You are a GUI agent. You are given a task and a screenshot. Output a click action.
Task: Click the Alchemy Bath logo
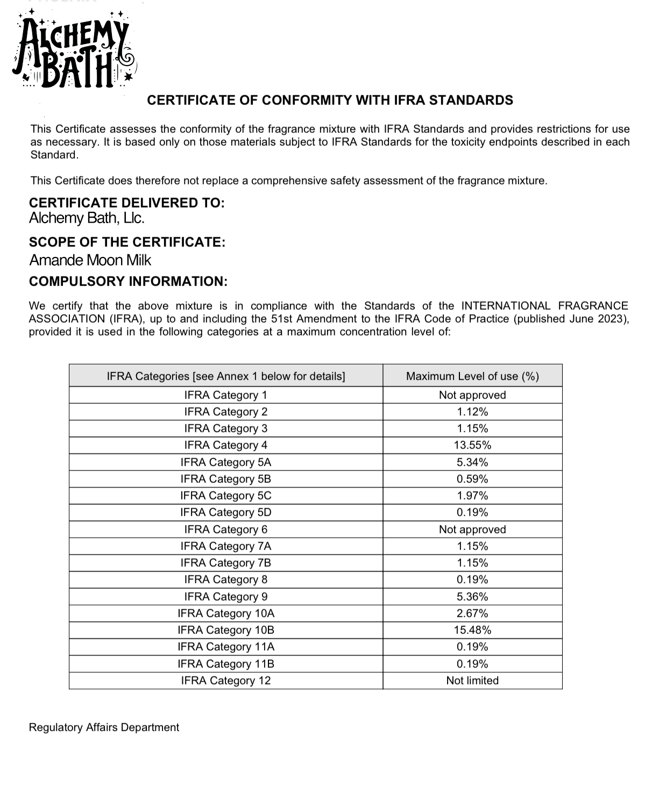pos(74,51)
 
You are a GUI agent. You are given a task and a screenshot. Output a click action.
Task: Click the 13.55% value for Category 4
pos(472,445)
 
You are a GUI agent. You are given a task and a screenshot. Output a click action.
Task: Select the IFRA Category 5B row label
pos(225,479)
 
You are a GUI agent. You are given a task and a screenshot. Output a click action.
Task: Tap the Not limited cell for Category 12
pos(472,681)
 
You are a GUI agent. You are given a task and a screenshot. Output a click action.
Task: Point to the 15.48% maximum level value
pos(472,630)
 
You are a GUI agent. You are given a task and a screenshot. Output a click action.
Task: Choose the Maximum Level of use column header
pos(472,376)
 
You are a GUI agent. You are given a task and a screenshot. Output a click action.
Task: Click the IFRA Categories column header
pos(225,376)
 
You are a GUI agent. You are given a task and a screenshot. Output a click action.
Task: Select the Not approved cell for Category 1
pos(472,395)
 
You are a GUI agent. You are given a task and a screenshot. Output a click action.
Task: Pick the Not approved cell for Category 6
pos(472,530)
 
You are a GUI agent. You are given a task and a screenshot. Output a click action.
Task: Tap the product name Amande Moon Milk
pos(90,260)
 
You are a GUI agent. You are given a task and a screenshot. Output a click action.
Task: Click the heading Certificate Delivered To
pos(126,203)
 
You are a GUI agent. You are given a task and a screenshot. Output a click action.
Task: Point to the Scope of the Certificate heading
pos(127,242)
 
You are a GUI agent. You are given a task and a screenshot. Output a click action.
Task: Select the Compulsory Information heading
pos(128,282)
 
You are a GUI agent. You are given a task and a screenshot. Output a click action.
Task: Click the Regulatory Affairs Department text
pos(104,727)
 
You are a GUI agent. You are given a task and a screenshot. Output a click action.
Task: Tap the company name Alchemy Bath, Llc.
pos(87,218)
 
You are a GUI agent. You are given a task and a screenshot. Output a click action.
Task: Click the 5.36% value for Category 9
pos(472,597)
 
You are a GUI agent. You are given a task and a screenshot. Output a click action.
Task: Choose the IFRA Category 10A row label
pos(225,613)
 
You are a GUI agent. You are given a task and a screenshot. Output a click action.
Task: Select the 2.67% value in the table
pos(472,613)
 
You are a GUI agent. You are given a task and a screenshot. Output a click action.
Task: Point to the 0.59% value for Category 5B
pos(472,479)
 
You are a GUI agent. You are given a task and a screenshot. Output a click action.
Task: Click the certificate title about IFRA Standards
pos(330,101)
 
